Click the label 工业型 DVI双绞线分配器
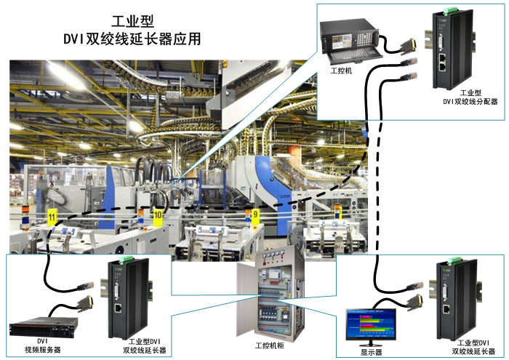click(470, 97)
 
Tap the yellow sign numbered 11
click(52, 216)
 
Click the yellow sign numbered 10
click(158, 215)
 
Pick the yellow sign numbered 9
click(255, 214)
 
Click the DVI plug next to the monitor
click(412, 300)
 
